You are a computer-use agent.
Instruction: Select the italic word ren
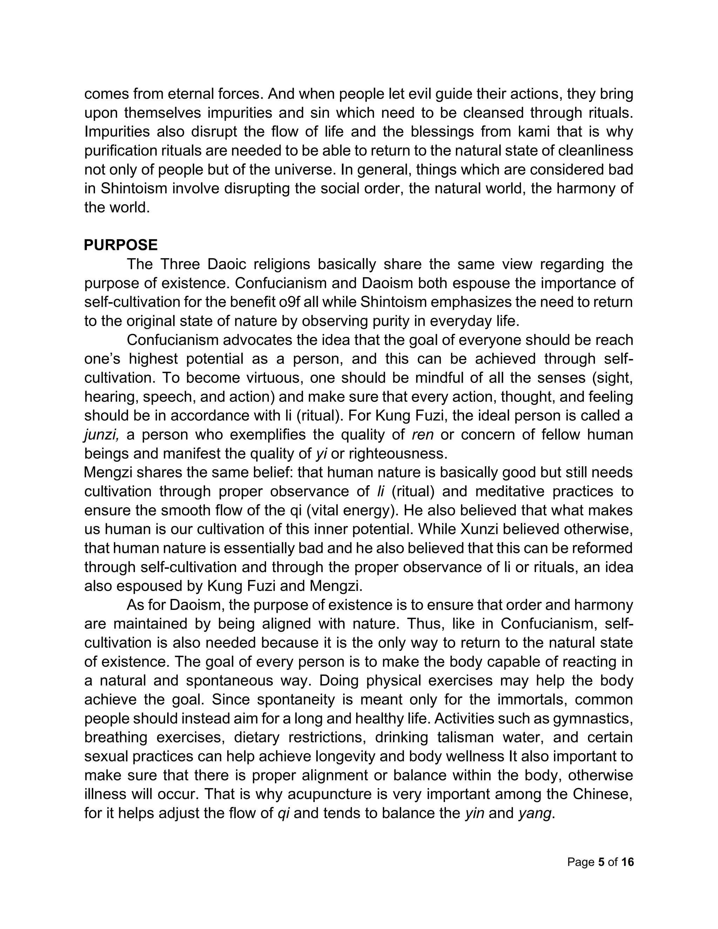coord(422,435)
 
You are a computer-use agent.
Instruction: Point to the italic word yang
coord(535,813)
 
